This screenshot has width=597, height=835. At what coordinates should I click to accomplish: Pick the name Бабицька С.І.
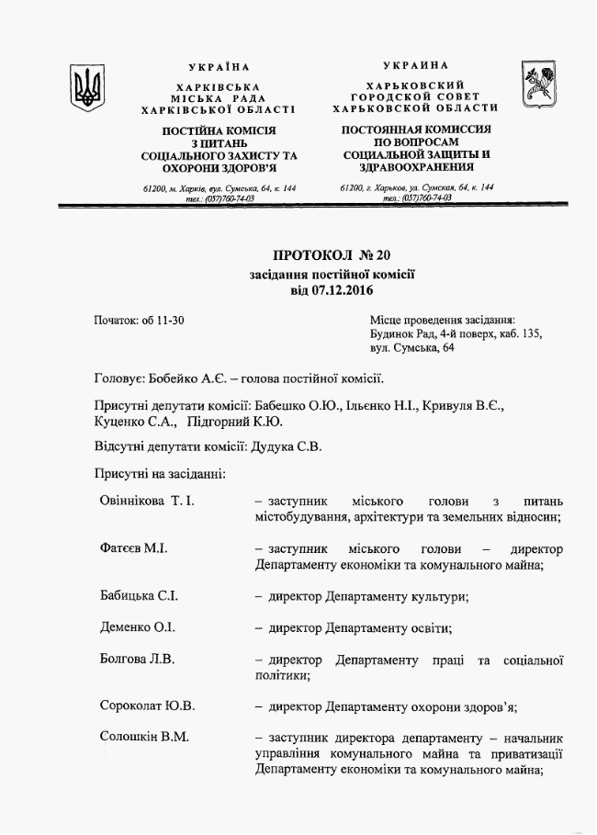140,596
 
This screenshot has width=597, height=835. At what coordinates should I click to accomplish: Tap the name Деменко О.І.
138,627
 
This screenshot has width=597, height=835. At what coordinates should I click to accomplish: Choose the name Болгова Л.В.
137,659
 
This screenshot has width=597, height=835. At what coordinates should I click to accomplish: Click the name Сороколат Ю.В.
147,706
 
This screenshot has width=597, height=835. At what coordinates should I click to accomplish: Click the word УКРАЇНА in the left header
219,67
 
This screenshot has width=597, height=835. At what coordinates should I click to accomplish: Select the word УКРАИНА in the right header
416,65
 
